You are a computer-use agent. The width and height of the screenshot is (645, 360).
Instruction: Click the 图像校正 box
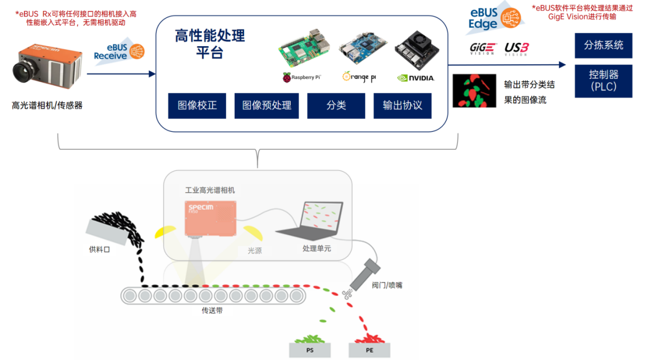(x=197, y=106)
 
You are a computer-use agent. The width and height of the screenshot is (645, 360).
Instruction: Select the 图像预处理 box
(x=266, y=106)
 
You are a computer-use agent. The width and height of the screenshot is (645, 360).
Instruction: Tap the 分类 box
(x=336, y=106)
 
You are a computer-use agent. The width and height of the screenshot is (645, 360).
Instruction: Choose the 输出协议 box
(x=402, y=106)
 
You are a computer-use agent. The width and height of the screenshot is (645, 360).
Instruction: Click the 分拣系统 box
(x=603, y=45)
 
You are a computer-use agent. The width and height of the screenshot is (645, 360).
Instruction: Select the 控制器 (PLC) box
(x=603, y=81)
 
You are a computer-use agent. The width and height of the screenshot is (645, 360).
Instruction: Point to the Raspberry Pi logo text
(x=302, y=77)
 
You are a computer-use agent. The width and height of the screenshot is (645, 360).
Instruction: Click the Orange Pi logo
(x=359, y=77)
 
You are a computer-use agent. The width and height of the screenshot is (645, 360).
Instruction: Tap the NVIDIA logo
(x=415, y=78)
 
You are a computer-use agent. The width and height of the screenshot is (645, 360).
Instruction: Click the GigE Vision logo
(x=483, y=49)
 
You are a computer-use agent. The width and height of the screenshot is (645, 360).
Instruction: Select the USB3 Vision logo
(x=516, y=49)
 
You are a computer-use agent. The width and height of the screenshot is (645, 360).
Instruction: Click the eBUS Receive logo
(x=118, y=52)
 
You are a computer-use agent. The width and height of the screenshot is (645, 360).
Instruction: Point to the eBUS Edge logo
(x=491, y=19)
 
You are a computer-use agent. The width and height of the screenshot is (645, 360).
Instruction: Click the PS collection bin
(x=310, y=349)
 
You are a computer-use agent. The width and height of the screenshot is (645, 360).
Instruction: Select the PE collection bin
(x=369, y=349)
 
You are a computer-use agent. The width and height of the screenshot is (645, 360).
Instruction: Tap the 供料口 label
(x=100, y=249)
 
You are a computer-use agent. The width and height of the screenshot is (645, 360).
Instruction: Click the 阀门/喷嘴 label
(x=387, y=285)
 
